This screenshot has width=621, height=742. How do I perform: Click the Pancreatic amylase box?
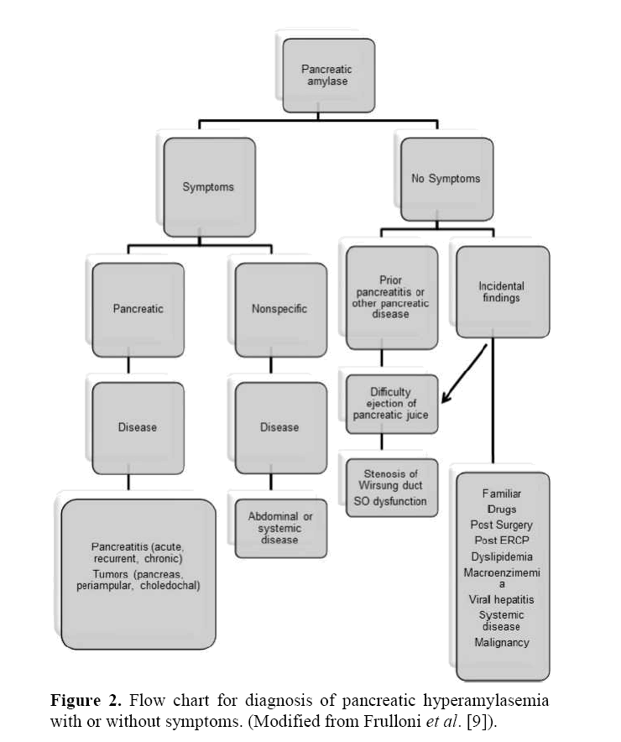coord(326,75)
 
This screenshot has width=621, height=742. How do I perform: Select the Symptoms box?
coord(208,186)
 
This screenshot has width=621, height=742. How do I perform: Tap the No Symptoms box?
coord(446,178)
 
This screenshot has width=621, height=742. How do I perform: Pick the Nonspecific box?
coord(279,308)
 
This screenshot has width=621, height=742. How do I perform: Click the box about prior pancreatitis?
coord(390,296)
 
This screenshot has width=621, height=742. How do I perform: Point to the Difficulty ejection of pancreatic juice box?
coord(393,404)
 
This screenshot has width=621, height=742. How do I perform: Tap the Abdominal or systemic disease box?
coord(279,527)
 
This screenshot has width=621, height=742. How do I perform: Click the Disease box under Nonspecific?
coord(279,427)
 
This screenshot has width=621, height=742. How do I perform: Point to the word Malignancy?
coord(500,643)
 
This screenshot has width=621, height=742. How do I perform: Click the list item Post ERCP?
coord(500,540)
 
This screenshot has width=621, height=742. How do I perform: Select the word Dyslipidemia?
coord(500,556)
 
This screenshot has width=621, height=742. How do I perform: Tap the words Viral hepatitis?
coord(501,600)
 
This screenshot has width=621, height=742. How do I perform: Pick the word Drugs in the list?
coord(501,509)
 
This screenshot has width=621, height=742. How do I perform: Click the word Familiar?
coord(501,494)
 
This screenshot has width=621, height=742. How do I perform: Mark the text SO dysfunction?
coord(389,502)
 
